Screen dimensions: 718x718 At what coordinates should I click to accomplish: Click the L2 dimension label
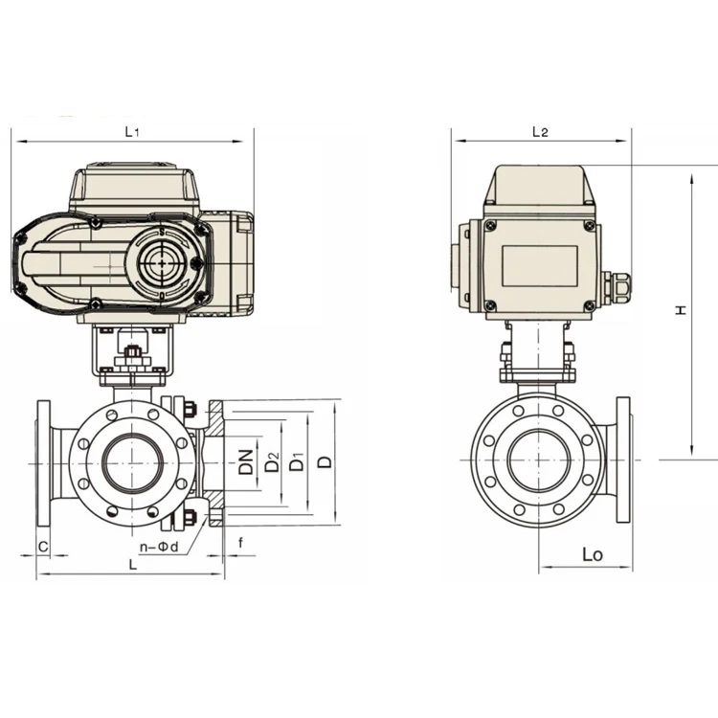539,132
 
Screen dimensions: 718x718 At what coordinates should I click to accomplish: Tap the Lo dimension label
593,554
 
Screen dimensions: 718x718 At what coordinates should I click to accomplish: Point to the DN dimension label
246,462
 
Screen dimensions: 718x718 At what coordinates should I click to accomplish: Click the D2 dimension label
273,462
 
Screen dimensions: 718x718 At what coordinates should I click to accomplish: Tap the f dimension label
240,541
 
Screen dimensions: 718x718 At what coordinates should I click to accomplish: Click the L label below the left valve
132,566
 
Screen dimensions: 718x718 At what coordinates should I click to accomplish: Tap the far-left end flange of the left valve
43,463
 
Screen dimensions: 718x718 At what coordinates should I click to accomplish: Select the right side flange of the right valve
623,460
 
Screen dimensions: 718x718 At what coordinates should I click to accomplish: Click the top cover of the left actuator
134,188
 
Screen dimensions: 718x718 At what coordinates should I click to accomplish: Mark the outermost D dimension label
325,462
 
